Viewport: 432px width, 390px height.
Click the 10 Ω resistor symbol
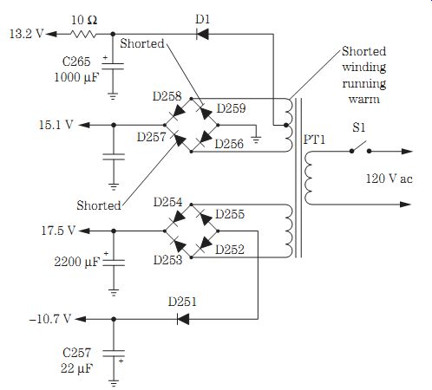(x=83, y=35)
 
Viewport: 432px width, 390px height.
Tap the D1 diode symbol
(x=202, y=35)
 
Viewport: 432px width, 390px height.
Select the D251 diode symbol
(x=183, y=319)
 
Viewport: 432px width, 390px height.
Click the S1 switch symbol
(x=360, y=147)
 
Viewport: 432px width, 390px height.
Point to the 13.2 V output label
(x=26, y=34)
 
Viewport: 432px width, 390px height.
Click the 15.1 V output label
(x=56, y=125)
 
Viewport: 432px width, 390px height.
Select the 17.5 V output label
(x=58, y=231)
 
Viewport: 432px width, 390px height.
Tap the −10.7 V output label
(x=50, y=319)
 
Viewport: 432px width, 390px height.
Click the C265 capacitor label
(x=76, y=62)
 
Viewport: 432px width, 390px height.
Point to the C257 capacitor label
(x=76, y=353)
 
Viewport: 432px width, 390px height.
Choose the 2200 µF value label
(x=77, y=262)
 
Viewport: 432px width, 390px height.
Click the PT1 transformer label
(x=314, y=140)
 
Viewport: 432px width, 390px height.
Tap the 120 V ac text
(x=389, y=179)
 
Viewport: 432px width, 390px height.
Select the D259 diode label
(x=231, y=108)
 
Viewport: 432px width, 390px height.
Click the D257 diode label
(x=152, y=137)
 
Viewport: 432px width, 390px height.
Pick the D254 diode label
(x=168, y=202)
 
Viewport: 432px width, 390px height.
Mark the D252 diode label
(x=230, y=250)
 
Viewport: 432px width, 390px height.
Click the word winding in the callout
(x=364, y=68)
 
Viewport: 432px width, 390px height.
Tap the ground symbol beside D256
(x=256, y=140)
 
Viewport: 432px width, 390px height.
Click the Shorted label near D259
(x=142, y=43)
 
